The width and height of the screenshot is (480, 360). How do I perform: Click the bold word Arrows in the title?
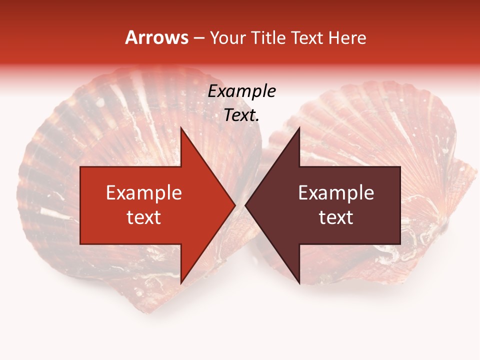pyautogui.click(x=157, y=37)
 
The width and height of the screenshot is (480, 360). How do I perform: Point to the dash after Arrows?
pyautogui.click(x=198, y=38)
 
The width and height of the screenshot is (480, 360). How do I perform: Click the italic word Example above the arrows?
pyautogui.click(x=242, y=91)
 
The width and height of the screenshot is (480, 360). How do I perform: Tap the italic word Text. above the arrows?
pyautogui.click(x=242, y=115)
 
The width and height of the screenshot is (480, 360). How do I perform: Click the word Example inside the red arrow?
pyautogui.click(x=144, y=193)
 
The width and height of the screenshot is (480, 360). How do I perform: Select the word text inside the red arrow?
pyautogui.click(x=144, y=217)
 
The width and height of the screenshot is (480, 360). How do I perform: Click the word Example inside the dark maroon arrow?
pyautogui.click(x=336, y=193)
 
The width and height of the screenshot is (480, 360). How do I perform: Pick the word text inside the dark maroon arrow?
pyautogui.click(x=336, y=217)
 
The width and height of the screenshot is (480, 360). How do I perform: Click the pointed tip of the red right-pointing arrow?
pyautogui.click(x=235, y=205)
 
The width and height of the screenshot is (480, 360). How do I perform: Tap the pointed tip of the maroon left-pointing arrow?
pyautogui.click(x=245, y=205)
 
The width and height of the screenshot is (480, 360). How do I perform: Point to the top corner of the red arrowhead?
pyautogui.click(x=181, y=127)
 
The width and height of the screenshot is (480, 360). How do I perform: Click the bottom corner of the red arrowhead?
pyautogui.click(x=181, y=283)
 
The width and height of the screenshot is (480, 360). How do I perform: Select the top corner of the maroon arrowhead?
pyautogui.click(x=299, y=127)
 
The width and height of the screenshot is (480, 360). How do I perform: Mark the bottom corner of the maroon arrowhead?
pyautogui.click(x=299, y=283)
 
